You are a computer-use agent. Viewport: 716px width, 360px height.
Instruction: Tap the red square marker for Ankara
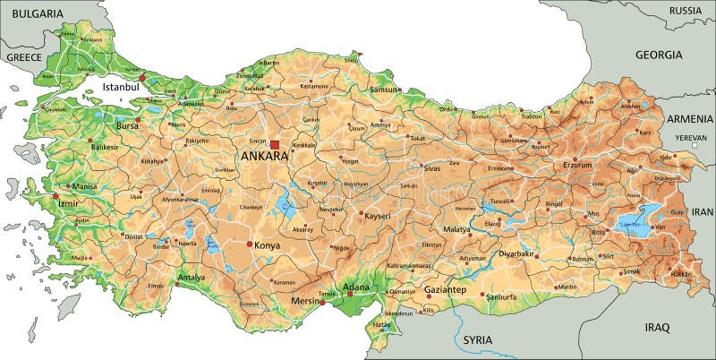pyautogui.click(x=276, y=144)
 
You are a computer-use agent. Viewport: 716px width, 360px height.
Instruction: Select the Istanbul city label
pyautogui.click(x=121, y=87)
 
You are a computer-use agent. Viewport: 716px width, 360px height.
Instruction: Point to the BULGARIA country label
pyautogui.click(x=32, y=14)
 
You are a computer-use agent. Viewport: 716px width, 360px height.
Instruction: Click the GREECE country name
pyautogui.click(x=25, y=56)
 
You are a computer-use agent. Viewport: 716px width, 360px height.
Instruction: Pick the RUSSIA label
pyautogui.click(x=685, y=11)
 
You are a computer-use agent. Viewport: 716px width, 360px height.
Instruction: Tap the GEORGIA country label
pyautogui.click(x=659, y=55)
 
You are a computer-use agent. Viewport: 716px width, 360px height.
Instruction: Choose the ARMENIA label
pyautogui.click(x=688, y=119)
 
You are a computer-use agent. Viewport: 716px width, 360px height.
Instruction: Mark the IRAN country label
pyautogui.click(x=701, y=211)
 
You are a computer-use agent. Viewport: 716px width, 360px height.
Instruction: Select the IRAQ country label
pyautogui.click(x=657, y=328)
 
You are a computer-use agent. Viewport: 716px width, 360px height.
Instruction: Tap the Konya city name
pyautogui.click(x=268, y=245)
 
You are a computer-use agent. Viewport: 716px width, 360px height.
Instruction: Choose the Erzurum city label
pyautogui.click(x=577, y=165)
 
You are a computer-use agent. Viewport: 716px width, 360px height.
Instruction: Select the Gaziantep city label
pyautogui.click(x=445, y=291)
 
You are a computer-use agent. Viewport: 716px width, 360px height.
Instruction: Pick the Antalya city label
pyautogui.click(x=192, y=278)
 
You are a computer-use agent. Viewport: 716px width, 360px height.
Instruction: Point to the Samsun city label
pyautogui.click(x=383, y=90)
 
